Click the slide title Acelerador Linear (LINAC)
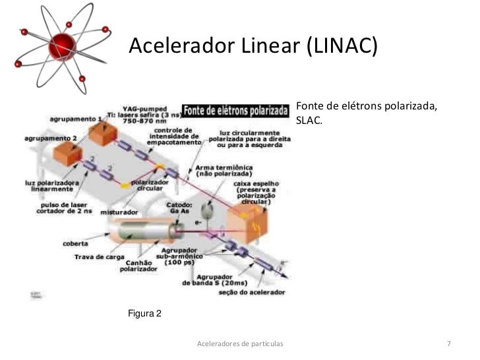253,46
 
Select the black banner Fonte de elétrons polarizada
235,109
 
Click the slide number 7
448,344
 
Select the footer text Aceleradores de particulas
240,344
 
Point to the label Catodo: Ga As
179,208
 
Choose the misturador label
119,213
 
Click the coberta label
76,242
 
